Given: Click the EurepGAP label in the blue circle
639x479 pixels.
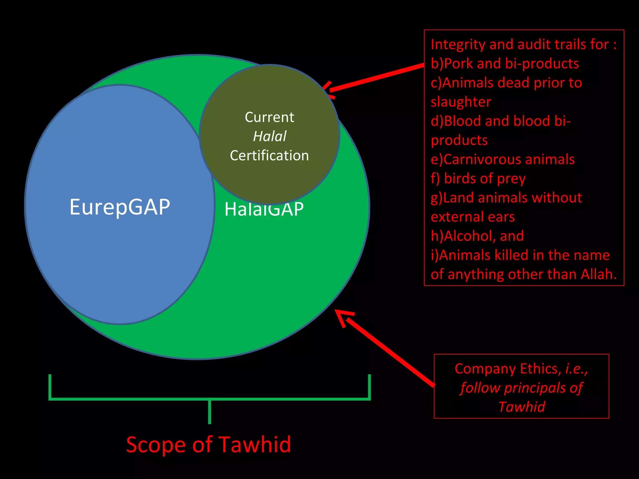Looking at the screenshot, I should click(120, 207).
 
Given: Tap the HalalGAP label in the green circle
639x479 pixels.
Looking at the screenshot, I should click(264, 209).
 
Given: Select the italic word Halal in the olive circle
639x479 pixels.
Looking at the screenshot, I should click(270, 136).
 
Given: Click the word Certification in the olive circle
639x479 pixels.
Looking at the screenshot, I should click(269, 155).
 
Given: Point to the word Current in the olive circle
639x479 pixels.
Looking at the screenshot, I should click(269, 117).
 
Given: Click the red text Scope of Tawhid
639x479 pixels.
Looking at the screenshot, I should click(208, 444).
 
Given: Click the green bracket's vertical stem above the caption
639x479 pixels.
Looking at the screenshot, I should click(209, 412).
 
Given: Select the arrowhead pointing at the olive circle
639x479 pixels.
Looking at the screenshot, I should click(328, 90).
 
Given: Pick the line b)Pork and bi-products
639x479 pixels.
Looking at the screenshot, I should click(505, 64).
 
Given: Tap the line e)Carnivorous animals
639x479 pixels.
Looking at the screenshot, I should click(502, 159).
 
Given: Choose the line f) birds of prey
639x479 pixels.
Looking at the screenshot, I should click(478, 178).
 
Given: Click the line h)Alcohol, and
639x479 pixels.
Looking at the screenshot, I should click(477, 236).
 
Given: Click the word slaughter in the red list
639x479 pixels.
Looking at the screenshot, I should click(461, 102).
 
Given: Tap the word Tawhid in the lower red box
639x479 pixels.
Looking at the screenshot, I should click(522, 407).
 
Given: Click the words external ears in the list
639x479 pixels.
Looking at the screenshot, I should click(472, 217).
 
